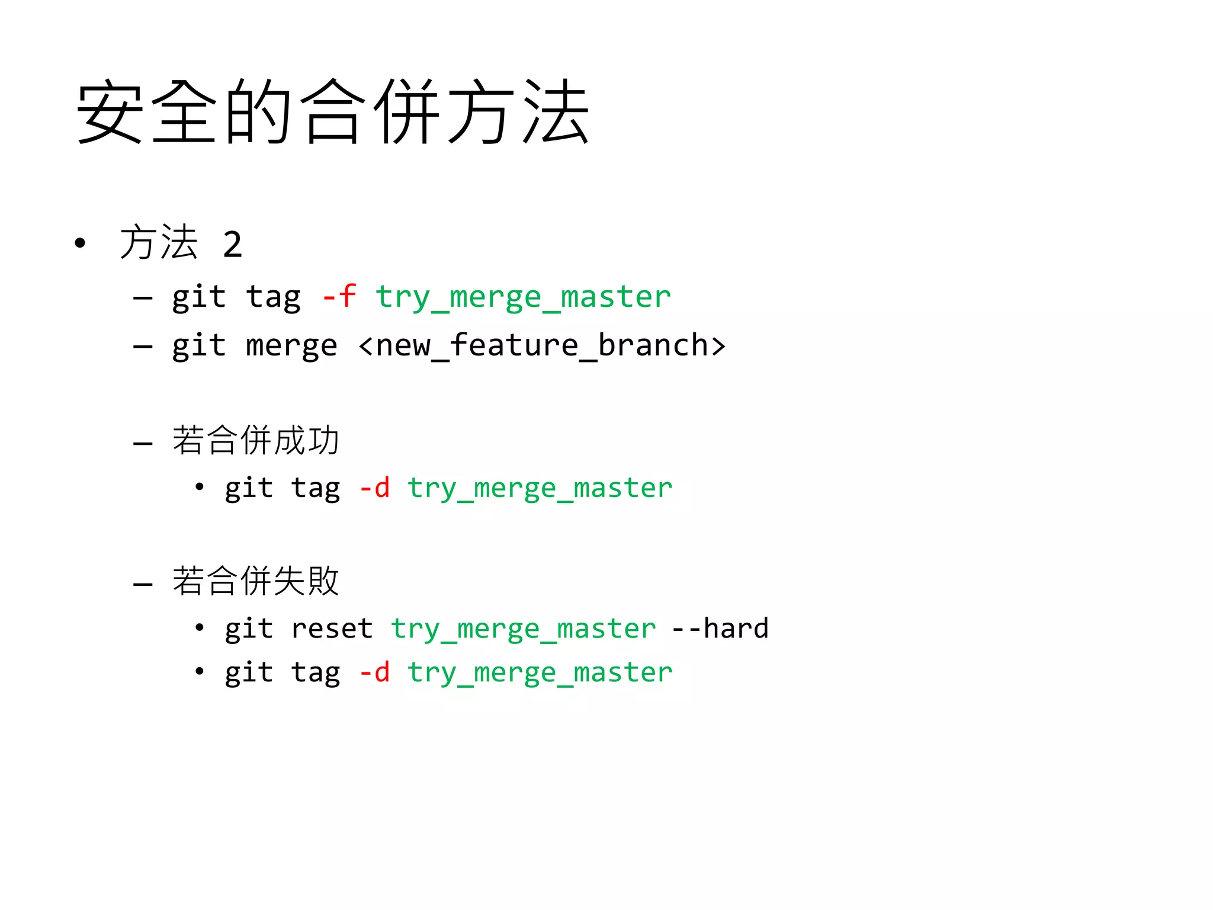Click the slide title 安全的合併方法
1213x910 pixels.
[x=332, y=112]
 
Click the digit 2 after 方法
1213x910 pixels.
[x=232, y=244]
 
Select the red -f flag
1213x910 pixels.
[x=339, y=296]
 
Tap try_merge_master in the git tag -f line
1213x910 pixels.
[x=523, y=297]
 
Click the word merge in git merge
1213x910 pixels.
[x=291, y=346]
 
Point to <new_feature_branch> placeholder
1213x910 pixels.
[x=542, y=346]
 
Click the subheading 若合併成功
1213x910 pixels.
[x=255, y=441]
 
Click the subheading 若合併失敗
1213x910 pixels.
[x=255, y=581]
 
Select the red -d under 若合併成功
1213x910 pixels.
[x=375, y=488]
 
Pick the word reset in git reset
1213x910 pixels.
[x=332, y=629]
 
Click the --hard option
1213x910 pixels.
[x=720, y=629]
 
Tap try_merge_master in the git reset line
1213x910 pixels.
[x=523, y=629]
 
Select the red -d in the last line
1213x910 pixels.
[x=375, y=672]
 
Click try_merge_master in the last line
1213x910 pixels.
[x=540, y=674]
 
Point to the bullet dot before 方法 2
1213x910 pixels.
[x=80, y=243]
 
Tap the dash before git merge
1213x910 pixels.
[x=143, y=346]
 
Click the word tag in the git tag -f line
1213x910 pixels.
[x=273, y=297]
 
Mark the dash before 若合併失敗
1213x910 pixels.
[x=143, y=584]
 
